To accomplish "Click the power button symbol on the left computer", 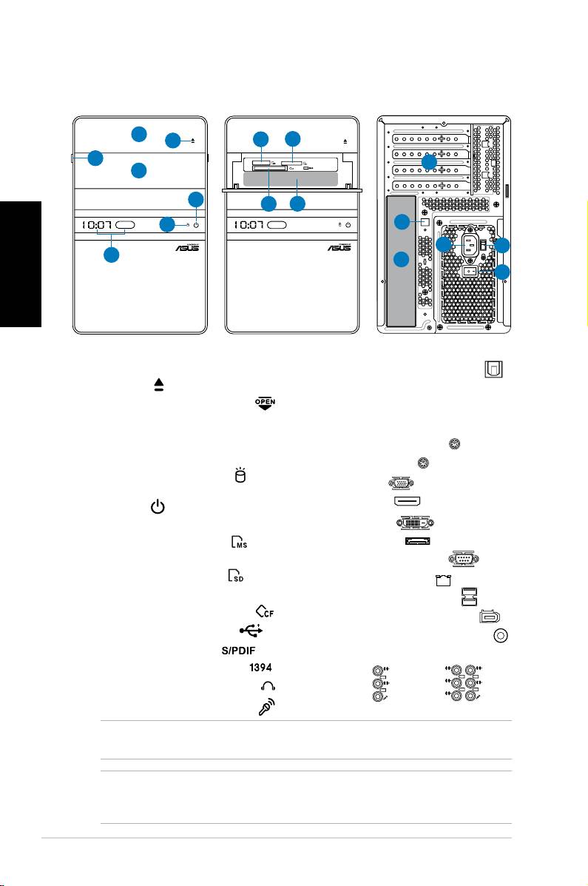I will [x=196, y=224].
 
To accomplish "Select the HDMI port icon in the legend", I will [x=406, y=502].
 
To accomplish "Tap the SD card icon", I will [x=234, y=575].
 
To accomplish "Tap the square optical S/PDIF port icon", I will [x=495, y=368].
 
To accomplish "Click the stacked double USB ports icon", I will [x=467, y=596].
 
